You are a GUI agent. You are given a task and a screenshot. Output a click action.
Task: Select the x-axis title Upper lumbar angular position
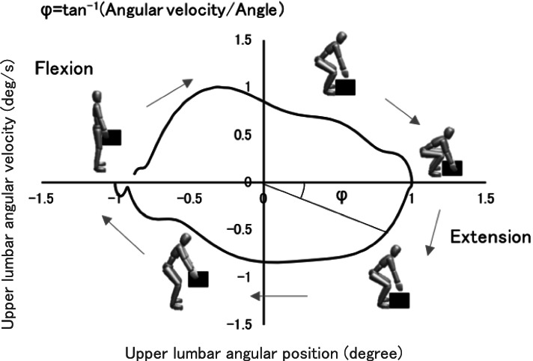click(x=264, y=351)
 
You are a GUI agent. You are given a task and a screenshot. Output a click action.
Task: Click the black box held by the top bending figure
click(x=346, y=87)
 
